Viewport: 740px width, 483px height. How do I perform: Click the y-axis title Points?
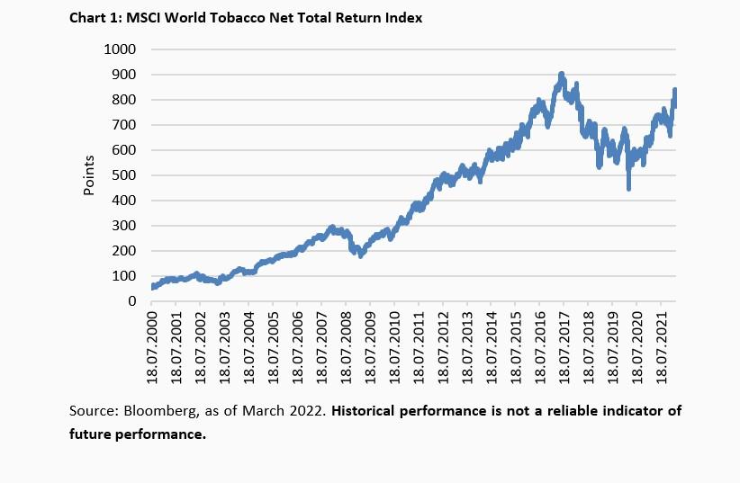89,175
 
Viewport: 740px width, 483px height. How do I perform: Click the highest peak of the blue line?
561,76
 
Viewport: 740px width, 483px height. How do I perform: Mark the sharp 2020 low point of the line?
628,188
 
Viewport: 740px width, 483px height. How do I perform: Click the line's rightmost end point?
675,91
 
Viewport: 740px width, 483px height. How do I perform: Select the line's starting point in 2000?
154,287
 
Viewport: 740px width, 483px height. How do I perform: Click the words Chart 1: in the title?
94,17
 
